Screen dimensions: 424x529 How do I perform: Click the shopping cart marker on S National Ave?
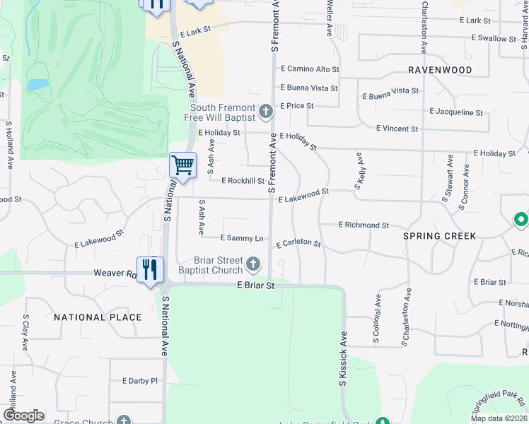(182, 166)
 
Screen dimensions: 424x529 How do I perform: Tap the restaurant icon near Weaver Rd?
(149, 270)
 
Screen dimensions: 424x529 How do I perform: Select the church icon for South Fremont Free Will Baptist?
(265, 111)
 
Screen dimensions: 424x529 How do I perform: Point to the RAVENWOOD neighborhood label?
(440, 71)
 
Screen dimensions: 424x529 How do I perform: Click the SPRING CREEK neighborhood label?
(440, 236)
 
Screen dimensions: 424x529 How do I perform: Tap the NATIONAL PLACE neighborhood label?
(98, 317)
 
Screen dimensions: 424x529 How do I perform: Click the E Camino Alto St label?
(310, 70)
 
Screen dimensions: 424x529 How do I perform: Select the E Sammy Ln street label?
(242, 239)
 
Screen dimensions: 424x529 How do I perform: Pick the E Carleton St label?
(298, 244)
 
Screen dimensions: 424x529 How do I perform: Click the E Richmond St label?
(364, 225)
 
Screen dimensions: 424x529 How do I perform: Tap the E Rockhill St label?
(243, 181)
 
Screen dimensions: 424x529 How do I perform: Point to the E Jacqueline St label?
(456, 112)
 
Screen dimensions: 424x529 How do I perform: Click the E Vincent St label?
(397, 129)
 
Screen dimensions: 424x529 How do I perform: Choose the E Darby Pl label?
(139, 381)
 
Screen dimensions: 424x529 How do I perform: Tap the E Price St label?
(296, 106)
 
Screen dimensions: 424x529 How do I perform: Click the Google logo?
(23, 416)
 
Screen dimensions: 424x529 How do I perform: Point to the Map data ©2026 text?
(498, 418)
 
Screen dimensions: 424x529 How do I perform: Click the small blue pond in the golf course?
(38, 85)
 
